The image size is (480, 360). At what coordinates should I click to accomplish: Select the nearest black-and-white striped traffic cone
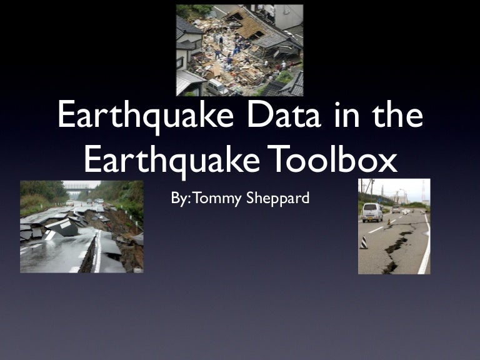click(364, 242)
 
